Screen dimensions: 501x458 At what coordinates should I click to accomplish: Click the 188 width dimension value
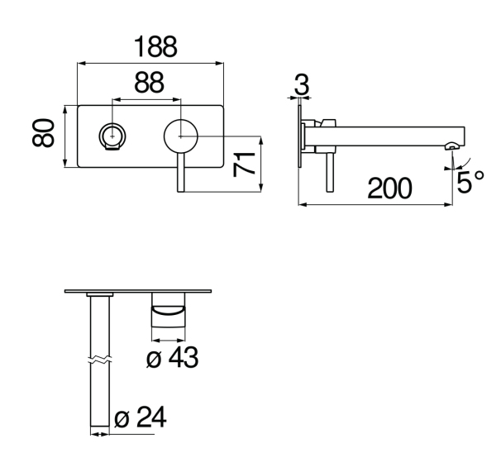(x=155, y=47)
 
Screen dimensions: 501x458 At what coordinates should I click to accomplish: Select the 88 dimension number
(x=149, y=83)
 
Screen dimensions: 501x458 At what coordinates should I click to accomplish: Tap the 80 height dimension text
(x=43, y=132)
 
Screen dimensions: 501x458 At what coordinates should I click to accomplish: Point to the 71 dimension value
(x=244, y=165)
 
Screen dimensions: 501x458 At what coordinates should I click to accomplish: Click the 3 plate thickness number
(x=302, y=84)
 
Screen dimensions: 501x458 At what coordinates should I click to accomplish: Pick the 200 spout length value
(x=389, y=188)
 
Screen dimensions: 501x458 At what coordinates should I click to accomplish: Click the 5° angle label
(x=470, y=182)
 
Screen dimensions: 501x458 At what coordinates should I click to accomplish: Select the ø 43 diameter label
(x=172, y=357)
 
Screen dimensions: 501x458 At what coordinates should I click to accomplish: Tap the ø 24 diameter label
(x=141, y=417)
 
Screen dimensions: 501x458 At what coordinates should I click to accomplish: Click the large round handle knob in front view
(x=181, y=136)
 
